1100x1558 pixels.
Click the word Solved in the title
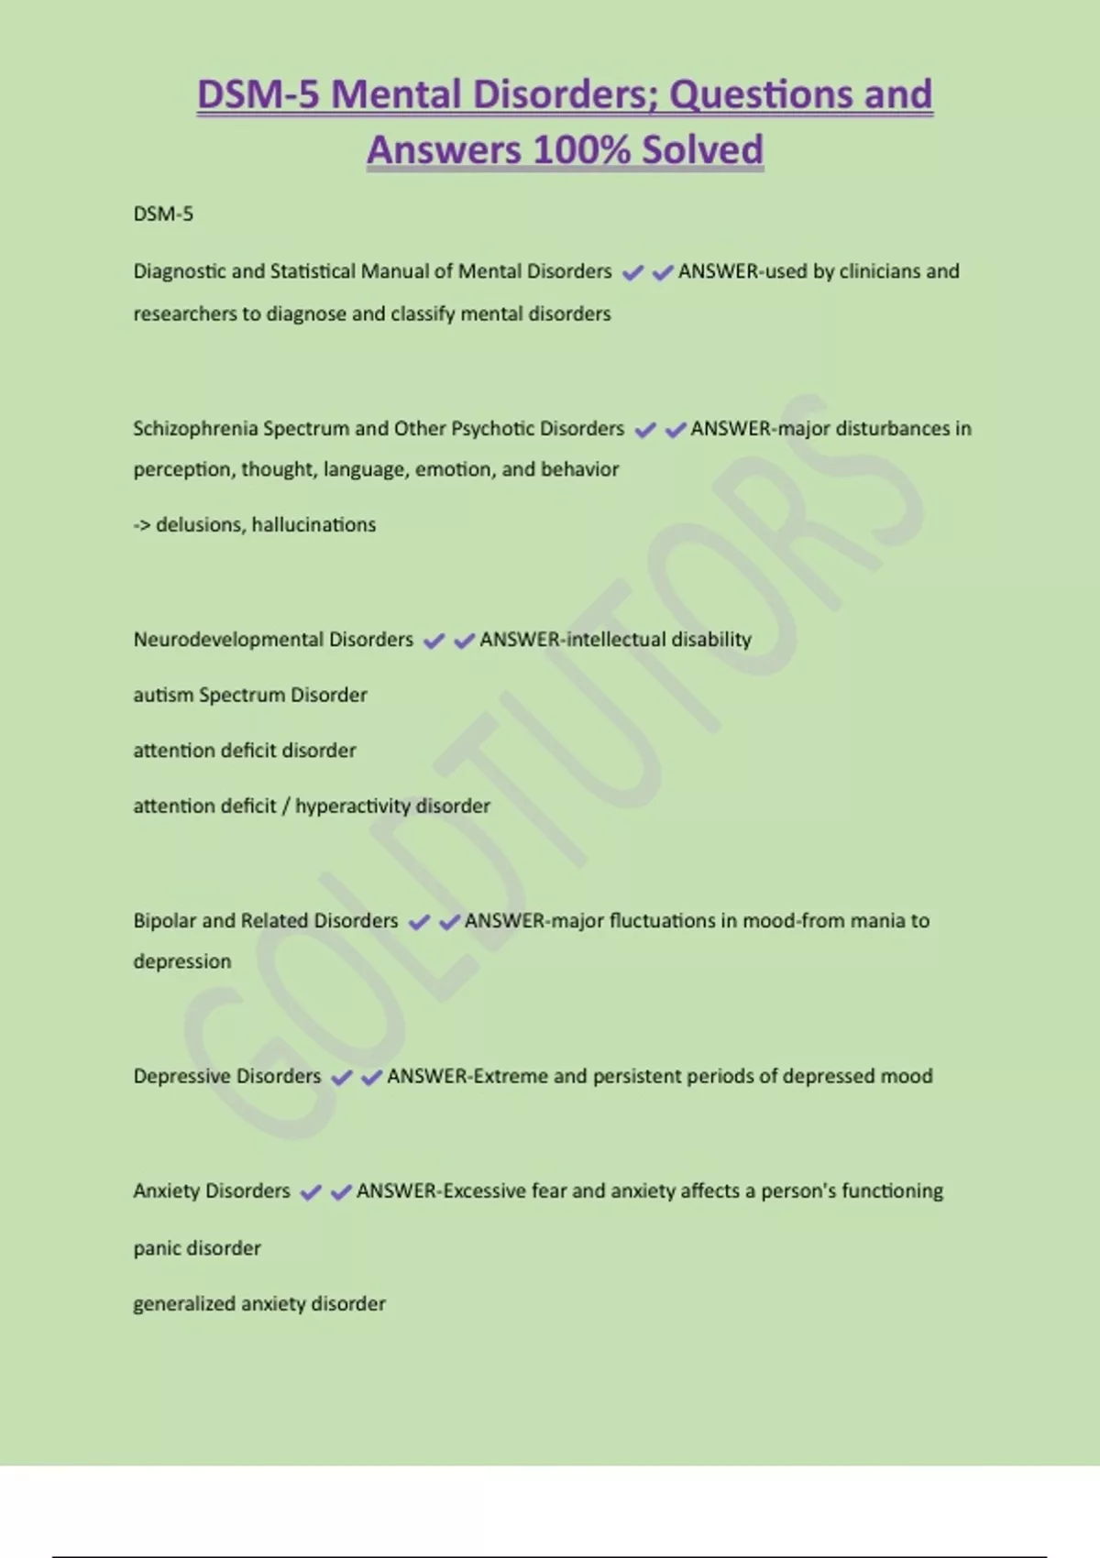coord(702,149)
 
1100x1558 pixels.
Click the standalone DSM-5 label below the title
coord(163,214)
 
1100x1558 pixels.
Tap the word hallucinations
coord(313,525)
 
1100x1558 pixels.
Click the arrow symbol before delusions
coord(142,525)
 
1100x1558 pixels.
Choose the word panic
coord(157,1248)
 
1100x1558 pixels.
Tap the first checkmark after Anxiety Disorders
coord(311,1192)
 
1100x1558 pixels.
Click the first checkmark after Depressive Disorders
coord(341,1078)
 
